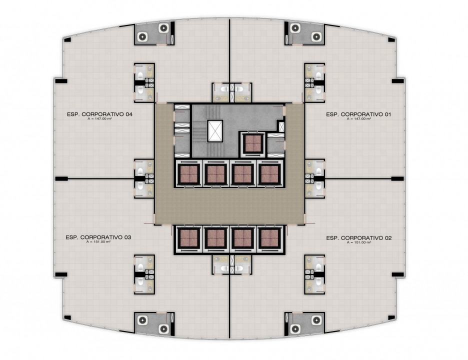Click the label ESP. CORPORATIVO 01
click(358, 114)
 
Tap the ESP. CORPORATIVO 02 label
click(359, 238)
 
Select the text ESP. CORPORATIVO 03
click(98, 237)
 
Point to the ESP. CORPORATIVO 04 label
click(99, 114)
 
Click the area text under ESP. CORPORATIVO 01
click(359, 119)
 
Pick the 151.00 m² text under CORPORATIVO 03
click(98, 242)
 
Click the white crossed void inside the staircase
click(215, 130)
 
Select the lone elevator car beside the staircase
click(253, 143)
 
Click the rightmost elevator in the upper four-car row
click(270, 174)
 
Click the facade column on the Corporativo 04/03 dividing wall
click(61, 179)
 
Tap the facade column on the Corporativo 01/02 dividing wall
click(397, 179)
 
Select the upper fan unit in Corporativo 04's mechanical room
click(164, 28)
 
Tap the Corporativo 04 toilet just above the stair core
click(224, 88)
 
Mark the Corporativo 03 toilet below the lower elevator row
click(224, 268)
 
